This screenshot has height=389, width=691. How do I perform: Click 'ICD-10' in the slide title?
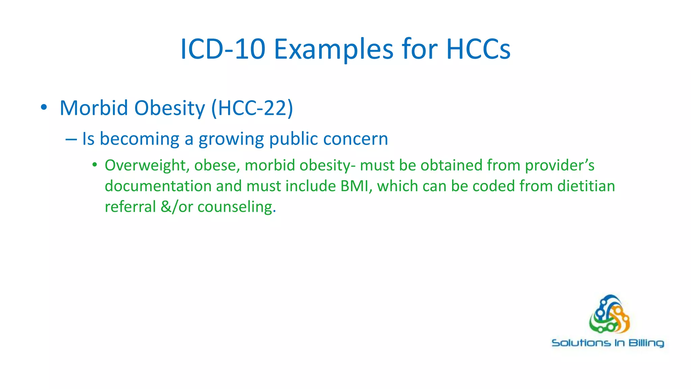point(223,49)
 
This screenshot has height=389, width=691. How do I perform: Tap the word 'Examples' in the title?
point(333,49)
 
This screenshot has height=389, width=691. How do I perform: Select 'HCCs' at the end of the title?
point(478,49)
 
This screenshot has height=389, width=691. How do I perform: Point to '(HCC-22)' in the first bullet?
point(252,108)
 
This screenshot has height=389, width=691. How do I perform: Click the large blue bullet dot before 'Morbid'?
point(44,108)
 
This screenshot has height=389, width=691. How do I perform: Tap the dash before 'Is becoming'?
point(71,139)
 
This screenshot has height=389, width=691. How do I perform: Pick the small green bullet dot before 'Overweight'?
point(95,165)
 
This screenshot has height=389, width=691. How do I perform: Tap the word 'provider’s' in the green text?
point(560,165)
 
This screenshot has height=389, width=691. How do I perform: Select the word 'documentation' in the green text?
point(158,186)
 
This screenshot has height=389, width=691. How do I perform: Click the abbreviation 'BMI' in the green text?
point(356,186)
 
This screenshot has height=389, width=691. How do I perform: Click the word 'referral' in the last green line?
point(130,207)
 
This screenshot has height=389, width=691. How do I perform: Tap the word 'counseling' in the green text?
point(236,207)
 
